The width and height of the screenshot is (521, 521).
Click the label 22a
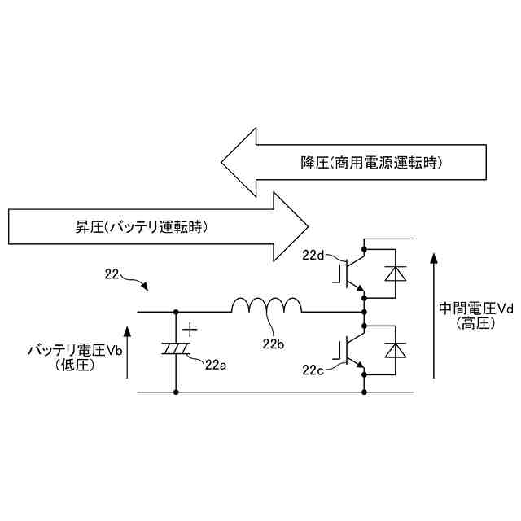pyautogui.click(x=215, y=364)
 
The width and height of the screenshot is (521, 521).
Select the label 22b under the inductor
pyautogui.click(x=273, y=343)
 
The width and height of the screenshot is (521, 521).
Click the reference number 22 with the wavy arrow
pyautogui.click(x=115, y=274)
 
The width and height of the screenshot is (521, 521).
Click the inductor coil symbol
pyautogui.click(x=266, y=306)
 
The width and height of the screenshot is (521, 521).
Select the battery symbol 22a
pyautogui.click(x=177, y=348)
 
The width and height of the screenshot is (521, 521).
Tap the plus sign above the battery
pyautogui.click(x=190, y=330)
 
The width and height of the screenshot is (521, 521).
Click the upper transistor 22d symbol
pyautogui.click(x=350, y=271)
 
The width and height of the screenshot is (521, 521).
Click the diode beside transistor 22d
pyautogui.click(x=396, y=273)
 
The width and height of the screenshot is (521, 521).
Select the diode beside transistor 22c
pyautogui.click(x=396, y=349)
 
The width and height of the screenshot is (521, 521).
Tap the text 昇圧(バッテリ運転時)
pyautogui.click(x=136, y=227)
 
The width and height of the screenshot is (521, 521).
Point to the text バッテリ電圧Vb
pyautogui.click(x=76, y=351)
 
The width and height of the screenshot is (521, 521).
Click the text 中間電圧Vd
pyautogui.click(x=477, y=309)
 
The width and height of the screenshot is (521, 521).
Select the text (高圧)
pyautogui.click(x=475, y=323)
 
